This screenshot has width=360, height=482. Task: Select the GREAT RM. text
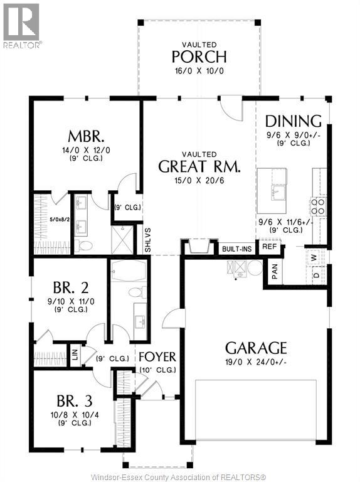[199, 166]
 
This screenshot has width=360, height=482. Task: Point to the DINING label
[293, 121]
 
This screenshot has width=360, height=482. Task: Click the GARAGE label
[256, 348]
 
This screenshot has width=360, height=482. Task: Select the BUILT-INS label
[236, 249]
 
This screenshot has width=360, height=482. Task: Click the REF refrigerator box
[269, 247]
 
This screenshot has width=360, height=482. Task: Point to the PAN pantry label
[275, 270]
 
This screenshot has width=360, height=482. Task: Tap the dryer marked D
[315, 274]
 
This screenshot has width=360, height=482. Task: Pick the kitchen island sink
[277, 190]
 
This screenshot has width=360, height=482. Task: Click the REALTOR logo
[22, 25]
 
